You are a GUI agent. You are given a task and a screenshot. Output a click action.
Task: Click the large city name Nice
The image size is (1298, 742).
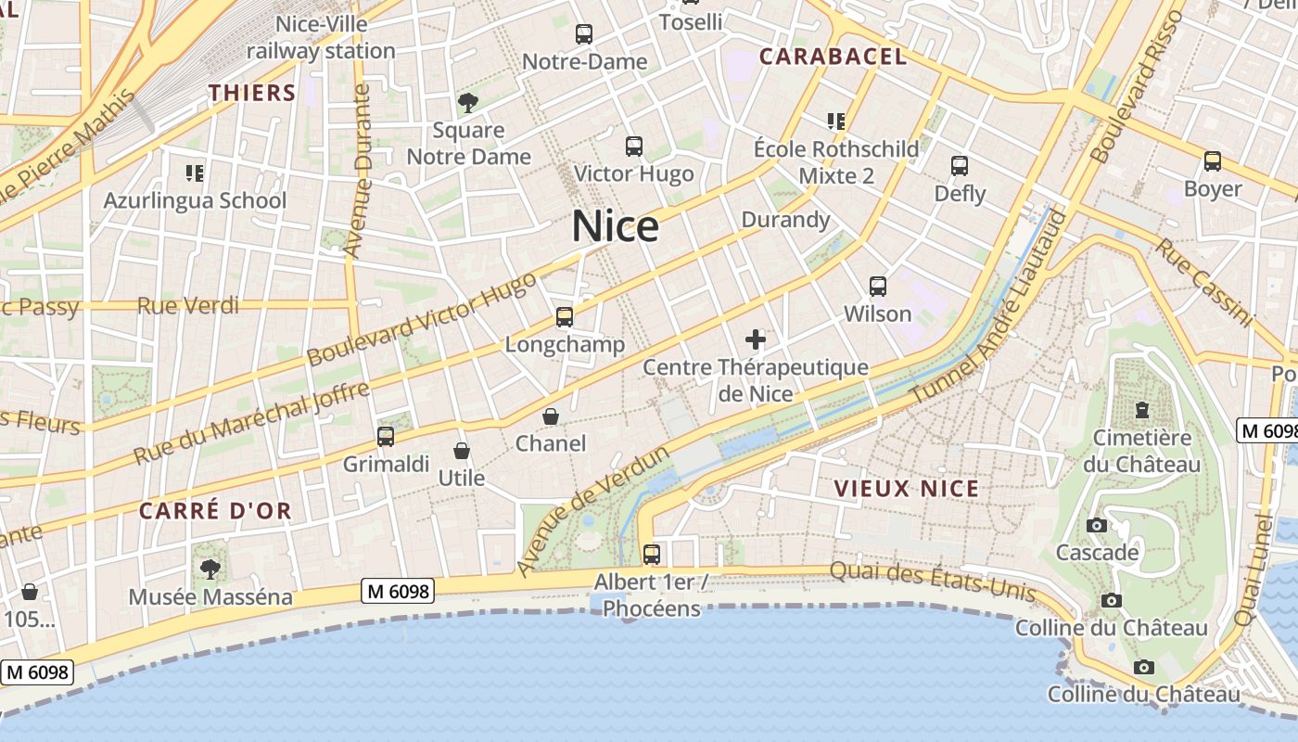pos(615,226)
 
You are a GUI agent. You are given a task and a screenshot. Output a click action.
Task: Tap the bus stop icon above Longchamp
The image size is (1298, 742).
pos(565,317)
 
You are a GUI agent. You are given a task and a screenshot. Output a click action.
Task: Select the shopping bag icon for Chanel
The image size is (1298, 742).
pos(551,416)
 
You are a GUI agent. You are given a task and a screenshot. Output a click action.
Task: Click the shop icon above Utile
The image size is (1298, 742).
pos(462,451)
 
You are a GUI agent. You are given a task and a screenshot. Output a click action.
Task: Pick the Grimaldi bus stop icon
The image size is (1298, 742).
pos(386,436)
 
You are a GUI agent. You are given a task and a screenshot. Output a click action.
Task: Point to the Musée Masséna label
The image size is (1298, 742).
pos(210,596)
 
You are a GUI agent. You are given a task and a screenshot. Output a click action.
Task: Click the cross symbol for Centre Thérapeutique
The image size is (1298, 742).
pos(756,339)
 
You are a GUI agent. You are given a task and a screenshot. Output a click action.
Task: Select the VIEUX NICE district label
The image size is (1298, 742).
pos(906,489)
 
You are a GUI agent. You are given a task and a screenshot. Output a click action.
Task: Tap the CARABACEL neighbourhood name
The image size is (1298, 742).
pos(833,56)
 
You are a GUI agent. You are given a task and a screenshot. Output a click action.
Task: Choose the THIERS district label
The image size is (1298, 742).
pos(252,93)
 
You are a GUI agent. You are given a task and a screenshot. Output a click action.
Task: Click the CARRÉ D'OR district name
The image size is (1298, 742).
pos(215,510)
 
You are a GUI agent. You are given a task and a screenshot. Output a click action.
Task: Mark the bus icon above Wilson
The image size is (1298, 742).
pos(878,287)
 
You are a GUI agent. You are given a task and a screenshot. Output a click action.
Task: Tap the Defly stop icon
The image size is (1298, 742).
pos(960,166)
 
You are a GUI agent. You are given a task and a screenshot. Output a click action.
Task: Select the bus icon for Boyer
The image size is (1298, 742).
pos(1213,161)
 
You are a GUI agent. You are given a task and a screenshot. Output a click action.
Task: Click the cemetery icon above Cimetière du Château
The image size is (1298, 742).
pos(1142,409)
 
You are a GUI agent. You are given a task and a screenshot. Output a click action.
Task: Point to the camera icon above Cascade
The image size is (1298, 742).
pos(1097,525)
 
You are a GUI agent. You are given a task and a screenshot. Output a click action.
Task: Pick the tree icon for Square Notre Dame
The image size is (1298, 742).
pos(467,102)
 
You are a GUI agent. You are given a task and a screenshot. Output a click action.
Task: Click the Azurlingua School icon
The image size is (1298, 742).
pos(195,173)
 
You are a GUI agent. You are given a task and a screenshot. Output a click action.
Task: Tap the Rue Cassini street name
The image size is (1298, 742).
pos(1203,282)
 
